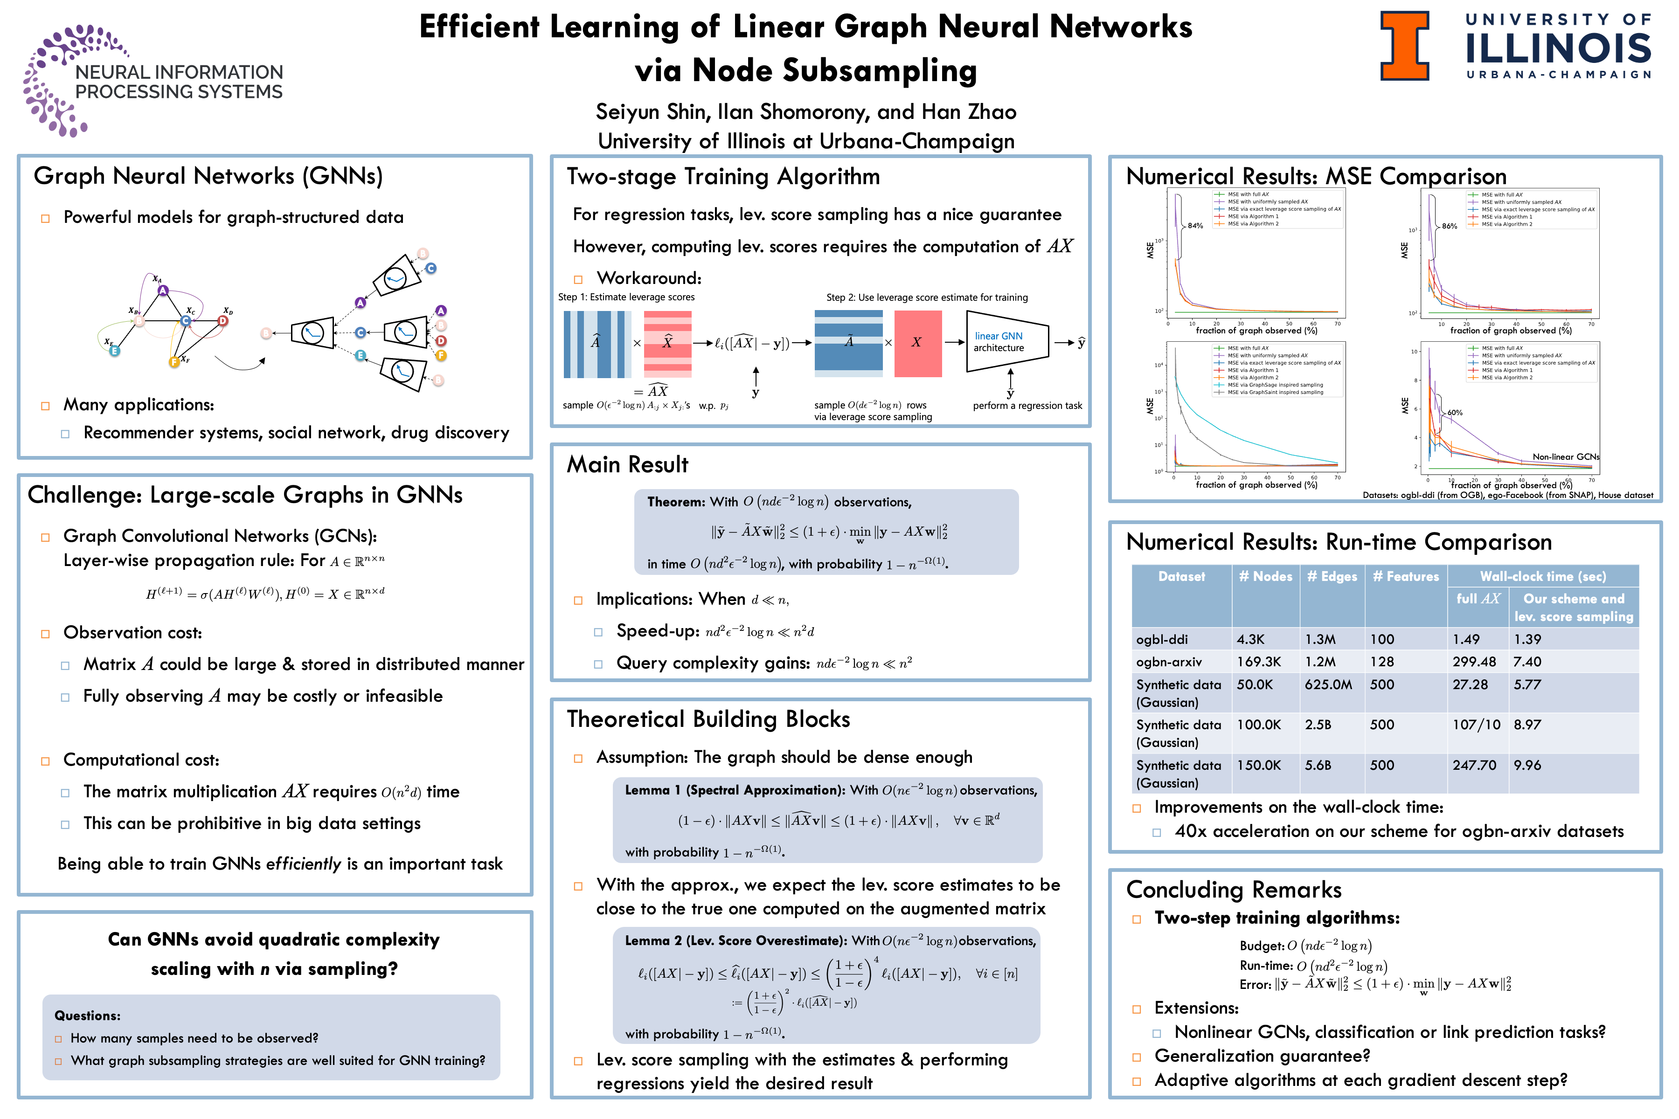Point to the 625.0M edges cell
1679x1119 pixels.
click(x=1328, y=684)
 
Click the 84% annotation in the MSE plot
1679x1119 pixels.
click(x=1195, y=226)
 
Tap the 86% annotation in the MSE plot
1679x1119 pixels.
click(x=1449, y=226)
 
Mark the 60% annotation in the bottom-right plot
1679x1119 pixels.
click(x=1454, y=413)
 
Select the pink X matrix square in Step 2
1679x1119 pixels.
click(x=917, y=343)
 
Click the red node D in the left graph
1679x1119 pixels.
click(x=223, y=321)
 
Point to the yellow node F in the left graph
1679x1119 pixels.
click(x=173, y=362)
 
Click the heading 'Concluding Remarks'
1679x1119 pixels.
click(x=1234, y=890)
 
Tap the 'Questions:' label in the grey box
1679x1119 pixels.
click(x=87, y=1015)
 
